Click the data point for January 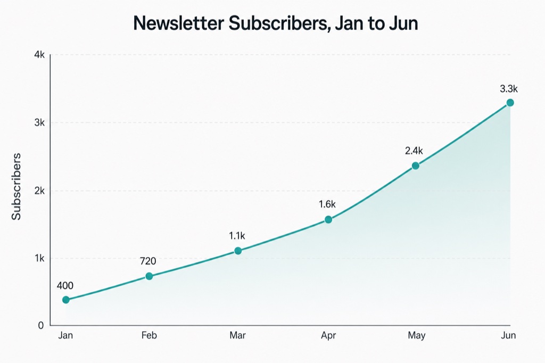coord(65,300)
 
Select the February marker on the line coord(149,276)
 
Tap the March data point coord(238,251)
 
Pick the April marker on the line coord(328,219)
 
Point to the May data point coord(415,166)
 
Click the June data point coord(510,103)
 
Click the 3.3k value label coord(509,89)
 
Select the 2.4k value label coord(414,151)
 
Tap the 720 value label coord(148,261)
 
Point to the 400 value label coord(65,286)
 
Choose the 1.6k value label coord(327,204)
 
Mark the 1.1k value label coord(237,236)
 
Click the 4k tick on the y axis coord(39,55)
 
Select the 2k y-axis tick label coord(39,191)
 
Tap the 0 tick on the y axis coord(41,325)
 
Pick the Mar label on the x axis coord(238,335)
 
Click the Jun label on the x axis coord(508,335)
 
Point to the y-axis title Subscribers coord(16,186)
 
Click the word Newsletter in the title coord(178,23)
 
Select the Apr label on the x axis coord(328,336)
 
